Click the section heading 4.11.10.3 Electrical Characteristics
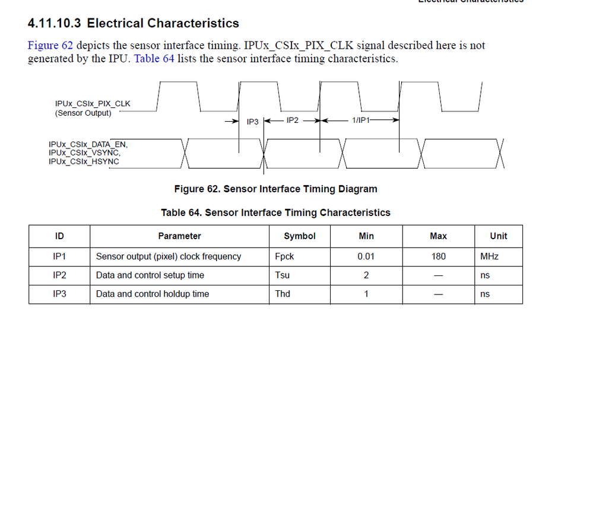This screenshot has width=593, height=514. point(133,24)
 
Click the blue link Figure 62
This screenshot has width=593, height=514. point(50,46)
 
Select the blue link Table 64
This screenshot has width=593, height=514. point(154,59)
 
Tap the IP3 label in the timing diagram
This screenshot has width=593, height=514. point(253,122)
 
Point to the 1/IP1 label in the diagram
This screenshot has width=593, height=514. point(361,120)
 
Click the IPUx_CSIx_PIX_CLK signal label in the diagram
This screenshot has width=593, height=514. point(93,104)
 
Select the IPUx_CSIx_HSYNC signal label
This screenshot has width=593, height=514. point(84,161)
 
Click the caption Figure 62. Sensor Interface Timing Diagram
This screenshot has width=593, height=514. point(275,189)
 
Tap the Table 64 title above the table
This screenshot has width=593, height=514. point(275,212)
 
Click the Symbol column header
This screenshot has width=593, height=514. point(300,236)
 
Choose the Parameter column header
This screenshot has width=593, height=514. point(179,236)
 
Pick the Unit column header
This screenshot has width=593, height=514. point(498,236)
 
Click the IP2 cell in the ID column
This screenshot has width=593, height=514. point(59,275)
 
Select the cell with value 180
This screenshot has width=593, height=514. point(438,256)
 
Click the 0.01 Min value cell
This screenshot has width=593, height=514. point(366,256)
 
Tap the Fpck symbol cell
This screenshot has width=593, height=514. point(285,256)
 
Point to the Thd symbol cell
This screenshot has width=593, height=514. point(283,294)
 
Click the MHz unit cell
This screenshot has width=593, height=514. point(489,257)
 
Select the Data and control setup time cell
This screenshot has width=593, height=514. point(150,275)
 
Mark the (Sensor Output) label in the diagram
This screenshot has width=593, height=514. point(83,113)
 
